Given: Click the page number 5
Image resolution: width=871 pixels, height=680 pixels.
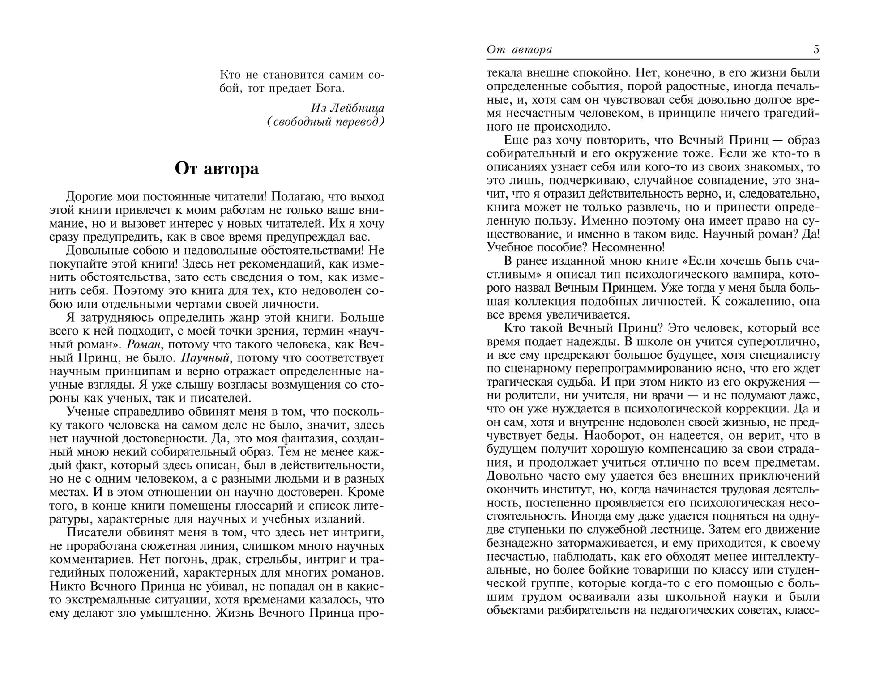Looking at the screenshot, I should coord(816,50).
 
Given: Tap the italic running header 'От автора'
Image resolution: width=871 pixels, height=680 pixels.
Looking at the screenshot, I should coord(519,50).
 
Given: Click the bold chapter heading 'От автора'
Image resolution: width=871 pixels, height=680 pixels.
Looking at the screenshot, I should coord(217,169).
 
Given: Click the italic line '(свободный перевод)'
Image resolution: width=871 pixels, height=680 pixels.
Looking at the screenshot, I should coord(325,122).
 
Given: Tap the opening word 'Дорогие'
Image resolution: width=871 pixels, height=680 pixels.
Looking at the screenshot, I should coord(89,197).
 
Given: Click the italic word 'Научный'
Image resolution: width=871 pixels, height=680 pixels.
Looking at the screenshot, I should coord(205,358).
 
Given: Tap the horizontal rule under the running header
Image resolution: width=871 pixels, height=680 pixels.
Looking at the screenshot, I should coord(653,59).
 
